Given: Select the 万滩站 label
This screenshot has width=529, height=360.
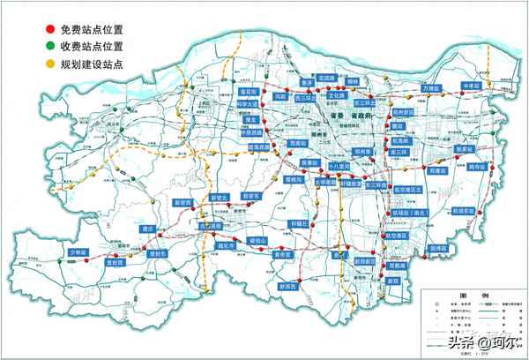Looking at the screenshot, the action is (x=430, y=89).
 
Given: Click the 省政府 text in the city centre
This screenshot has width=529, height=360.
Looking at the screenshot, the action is (x=361, y=115).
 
